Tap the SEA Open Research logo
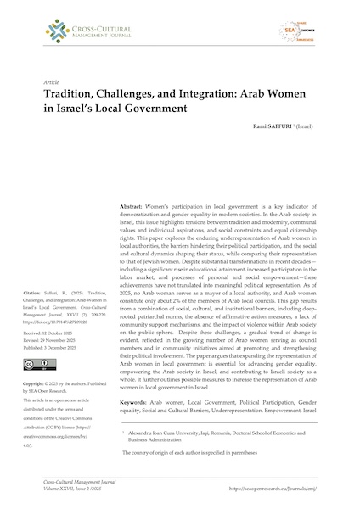[311, 31]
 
